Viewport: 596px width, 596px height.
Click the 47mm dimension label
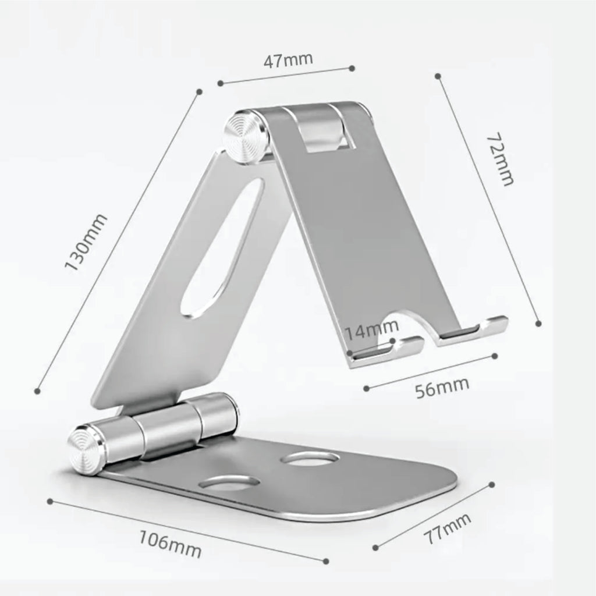coord(288,60)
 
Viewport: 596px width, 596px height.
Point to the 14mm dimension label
coord(371,333)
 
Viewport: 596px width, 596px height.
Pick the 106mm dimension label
coord(170,544)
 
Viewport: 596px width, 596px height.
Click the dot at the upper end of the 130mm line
coord(199,91)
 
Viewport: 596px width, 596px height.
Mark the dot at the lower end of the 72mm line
coord(538,323)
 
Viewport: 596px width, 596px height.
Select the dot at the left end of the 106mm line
coord(51,499)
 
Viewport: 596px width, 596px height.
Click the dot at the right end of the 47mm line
coord(352,68)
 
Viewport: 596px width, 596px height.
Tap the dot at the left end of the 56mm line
coord(367,388)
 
